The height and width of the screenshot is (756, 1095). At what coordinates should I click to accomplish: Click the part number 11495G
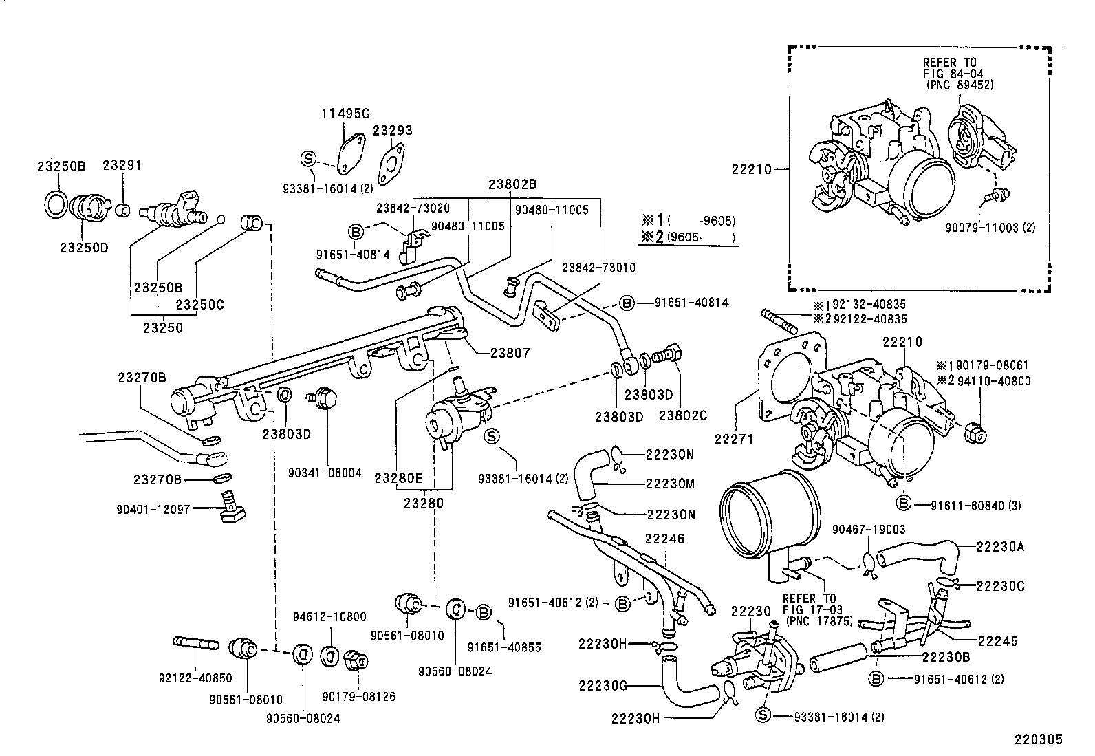coord(347,114)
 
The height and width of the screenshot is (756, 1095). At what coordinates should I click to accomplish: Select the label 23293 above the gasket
coord(393,130)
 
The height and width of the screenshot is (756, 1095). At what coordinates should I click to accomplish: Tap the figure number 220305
coord(1038,740)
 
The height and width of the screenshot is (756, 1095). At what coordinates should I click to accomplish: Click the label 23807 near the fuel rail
coord(510,352)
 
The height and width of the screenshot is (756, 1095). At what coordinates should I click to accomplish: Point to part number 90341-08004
coord(325,473)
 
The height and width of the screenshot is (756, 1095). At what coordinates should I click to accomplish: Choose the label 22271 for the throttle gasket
coord(735,438)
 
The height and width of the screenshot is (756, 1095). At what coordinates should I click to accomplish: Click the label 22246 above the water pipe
coord(665,539)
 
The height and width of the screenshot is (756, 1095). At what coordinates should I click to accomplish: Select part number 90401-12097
coord(153,509)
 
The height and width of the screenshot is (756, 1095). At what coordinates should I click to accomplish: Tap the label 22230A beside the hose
coord(1000,546)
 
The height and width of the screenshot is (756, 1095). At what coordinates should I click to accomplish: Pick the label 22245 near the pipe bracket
coord(997,640)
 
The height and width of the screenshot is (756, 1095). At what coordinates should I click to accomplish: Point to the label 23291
coord(122,165)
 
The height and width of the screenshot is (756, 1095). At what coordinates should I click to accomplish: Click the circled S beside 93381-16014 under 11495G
coord(308,159)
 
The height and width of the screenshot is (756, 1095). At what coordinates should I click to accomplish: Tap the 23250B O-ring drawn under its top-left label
coord(56,203)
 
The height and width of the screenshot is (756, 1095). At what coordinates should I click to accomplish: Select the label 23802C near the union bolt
coord(682,415)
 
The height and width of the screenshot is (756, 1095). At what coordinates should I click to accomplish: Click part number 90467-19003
coord(868,529)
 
